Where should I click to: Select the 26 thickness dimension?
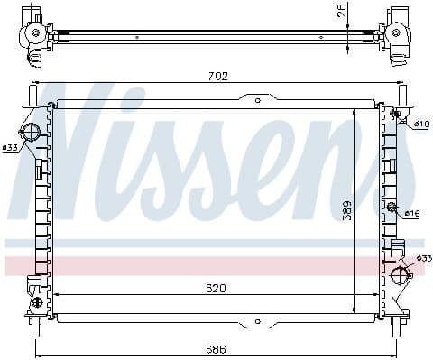[340, 11]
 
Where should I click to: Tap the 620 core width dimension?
[215, 288]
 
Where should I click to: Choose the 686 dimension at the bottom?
[215, 349]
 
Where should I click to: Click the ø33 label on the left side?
[10, 147]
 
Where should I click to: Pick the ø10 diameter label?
[421, 123]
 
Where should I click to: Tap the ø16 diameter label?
[412, 213]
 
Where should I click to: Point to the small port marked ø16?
[392, 209]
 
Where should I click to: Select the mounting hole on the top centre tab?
[257, 101]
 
